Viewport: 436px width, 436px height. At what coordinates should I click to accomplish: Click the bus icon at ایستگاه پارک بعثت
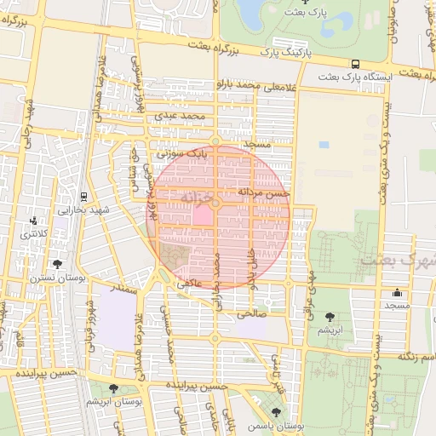[355, 64]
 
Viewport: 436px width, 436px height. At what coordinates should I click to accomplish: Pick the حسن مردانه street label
[265, 193]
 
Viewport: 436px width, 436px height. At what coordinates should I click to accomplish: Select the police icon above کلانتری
[32, 221]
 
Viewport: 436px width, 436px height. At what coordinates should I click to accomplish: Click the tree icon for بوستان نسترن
[56, 264]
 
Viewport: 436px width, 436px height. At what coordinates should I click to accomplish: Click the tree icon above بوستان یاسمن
[274, 412]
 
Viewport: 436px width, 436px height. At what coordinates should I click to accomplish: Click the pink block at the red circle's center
[202, 215]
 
